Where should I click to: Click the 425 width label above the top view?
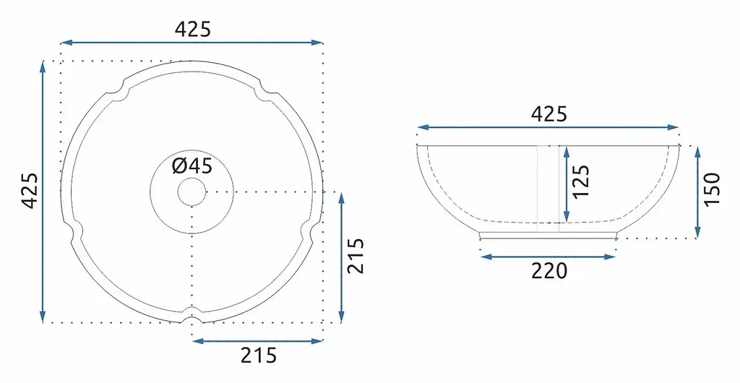pyautogui.click(x=192, y=29)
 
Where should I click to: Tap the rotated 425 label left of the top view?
pyautogui.click(x=30, y=191)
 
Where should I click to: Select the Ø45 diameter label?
pyautogui.click(x=192, y=166)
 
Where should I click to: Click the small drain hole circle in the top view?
pyautogui.click(x=192, y=192)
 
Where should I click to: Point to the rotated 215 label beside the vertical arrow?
pyautogui.click(x=356, y=256)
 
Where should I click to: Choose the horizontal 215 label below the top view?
pyautogui.click(x=258, y=356)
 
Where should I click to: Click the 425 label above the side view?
pyautogui.click(x=549, y=114)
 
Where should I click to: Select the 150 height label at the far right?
pyautogui.click(x=713, y=189)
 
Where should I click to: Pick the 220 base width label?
pyautogui.click(x=549, y=271)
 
